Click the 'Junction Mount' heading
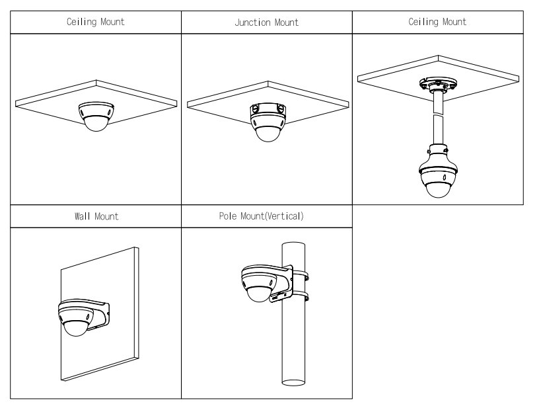coord(266,22)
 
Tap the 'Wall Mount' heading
coord(96,216)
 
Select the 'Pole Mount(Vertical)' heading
coord(266,216)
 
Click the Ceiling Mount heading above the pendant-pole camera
coord(437,22)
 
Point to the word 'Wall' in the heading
coord(83,216)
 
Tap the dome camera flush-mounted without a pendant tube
coord(96,116)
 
